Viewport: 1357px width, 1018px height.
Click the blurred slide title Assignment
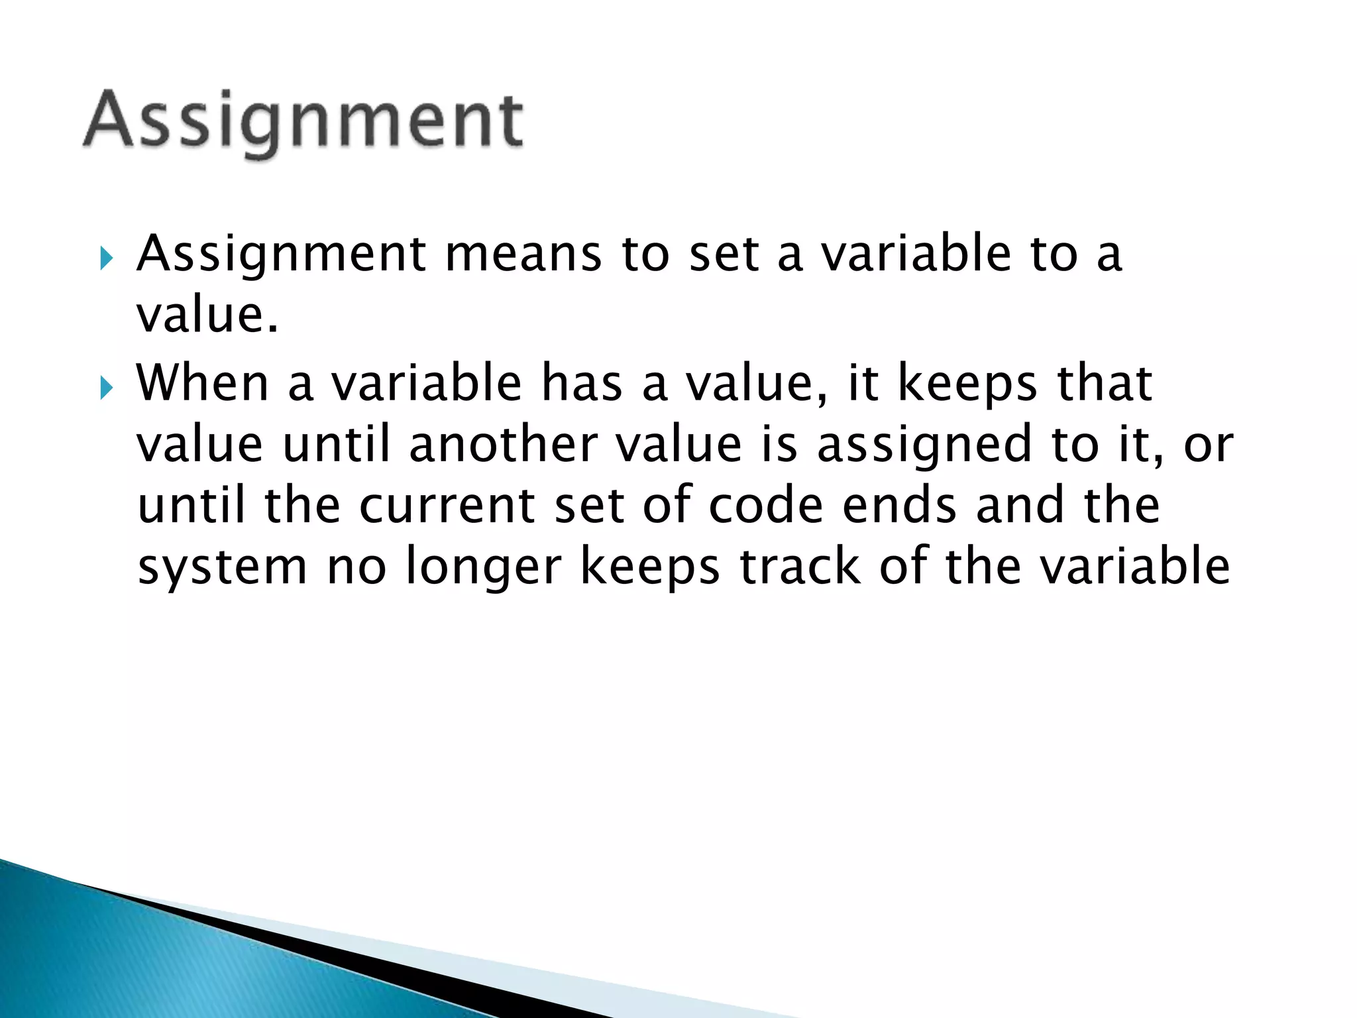click(x=303, y=123)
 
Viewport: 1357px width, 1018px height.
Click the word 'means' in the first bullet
click(x=523, y=255)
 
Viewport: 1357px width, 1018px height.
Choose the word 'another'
click(x=504, y=445)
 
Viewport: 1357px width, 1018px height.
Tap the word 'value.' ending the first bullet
click(x=207, y=316)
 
